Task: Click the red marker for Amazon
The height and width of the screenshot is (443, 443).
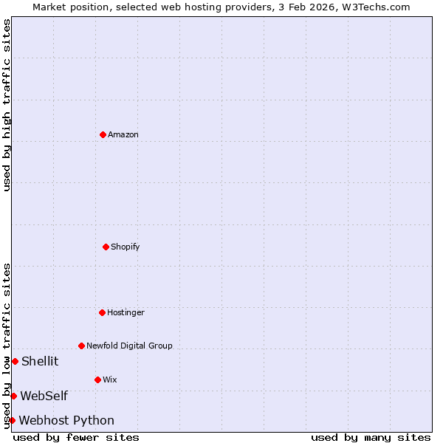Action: point(103,134)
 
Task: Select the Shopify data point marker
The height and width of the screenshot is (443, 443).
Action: point(106,247)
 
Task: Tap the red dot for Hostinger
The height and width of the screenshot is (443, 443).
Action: point(102,312)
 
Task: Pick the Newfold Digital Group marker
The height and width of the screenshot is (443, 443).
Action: point(81,346)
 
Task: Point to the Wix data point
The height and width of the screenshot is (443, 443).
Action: point(97,380)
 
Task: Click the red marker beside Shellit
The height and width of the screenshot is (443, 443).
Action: point(15,361)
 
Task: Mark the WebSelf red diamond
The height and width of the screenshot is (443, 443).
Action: point(13,396)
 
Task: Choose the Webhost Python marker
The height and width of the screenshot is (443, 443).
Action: point(12,420)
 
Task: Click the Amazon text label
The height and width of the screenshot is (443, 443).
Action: point(123,134)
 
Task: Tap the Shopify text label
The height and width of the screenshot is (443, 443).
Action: point(126,247)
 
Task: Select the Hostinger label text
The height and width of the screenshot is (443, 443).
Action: point(126,312)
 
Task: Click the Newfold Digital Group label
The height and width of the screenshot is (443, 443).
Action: point(129,346)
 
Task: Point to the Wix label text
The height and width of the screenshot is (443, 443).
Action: point(110,380)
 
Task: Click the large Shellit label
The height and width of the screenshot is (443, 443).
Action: point(40,361)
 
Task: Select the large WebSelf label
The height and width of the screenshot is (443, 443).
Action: point(44,396)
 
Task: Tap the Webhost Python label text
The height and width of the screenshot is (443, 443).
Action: point(66,420)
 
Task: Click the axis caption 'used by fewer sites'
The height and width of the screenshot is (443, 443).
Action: point(76,437)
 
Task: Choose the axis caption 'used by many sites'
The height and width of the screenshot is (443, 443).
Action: point(371,437)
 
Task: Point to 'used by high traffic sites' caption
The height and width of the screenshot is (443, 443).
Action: point(7,106)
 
